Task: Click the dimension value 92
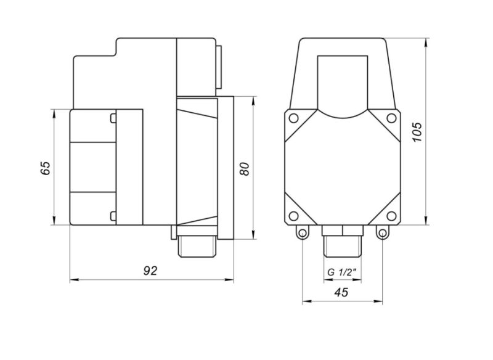click(x=150, y=271)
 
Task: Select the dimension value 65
click(x=45, y=168)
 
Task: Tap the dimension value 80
click(x=244, y=169)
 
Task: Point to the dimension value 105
click(x=417, y=132)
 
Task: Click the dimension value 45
click(x=341, y=292)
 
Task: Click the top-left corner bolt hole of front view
click(x=293, y=118)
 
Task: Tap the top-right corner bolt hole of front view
click(x=391, y=118)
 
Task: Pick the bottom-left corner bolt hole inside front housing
click(x=293, y=216)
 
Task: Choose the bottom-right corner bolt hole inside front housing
click(x=391, y=216)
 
